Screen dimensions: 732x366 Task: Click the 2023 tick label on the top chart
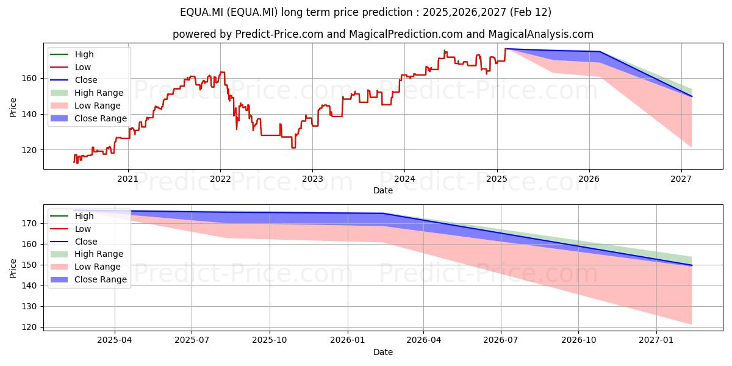point(312,179)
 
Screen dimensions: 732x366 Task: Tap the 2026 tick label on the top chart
point(589,179)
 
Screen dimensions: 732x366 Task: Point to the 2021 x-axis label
point(127,179)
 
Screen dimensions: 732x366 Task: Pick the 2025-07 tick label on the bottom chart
point(192,340)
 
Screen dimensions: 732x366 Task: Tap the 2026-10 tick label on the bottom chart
point(578,340)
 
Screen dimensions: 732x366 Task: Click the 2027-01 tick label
point(656,340)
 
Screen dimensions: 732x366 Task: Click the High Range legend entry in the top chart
point(87,93)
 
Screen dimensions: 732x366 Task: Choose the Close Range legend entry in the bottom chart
point(87,279)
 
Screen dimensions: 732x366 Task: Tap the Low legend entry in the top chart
point(71,67)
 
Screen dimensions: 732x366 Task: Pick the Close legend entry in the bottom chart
point(74,242)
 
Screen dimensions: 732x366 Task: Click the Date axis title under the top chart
point(383,190)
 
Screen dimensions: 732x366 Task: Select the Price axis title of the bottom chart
point(13,268)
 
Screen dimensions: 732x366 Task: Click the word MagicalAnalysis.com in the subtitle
point(541,34)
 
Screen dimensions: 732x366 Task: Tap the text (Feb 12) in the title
point(530,12)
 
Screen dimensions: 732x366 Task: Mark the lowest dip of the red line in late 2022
point(293,148)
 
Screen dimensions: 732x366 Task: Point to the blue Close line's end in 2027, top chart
point(692,96)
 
